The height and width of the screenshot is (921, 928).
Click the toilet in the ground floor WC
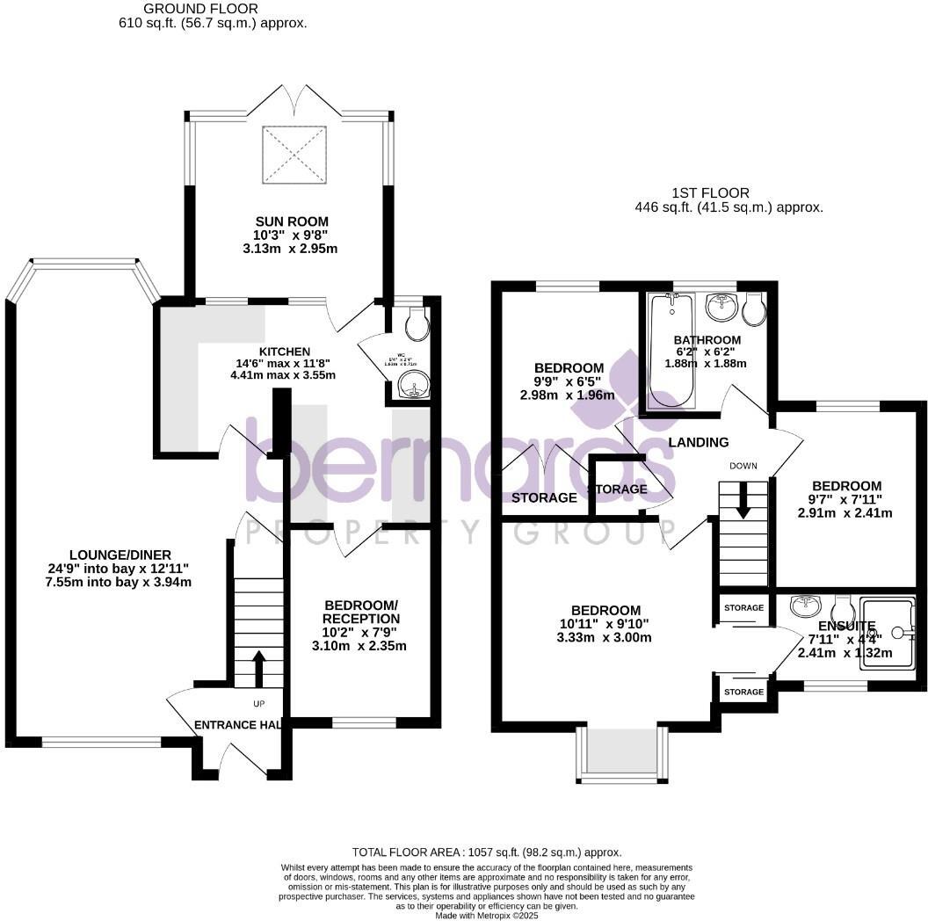(417, 324)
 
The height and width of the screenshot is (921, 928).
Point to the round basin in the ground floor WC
(410, 383)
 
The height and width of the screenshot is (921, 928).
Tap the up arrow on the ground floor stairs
(257, 668)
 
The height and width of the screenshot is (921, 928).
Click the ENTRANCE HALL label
(237, 725)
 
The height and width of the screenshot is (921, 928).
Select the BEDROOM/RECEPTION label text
(361, 613)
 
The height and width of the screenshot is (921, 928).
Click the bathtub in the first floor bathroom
(671, 352)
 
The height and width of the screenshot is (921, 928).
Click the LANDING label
(699, 442)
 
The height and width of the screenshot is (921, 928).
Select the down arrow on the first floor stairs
(743, 503)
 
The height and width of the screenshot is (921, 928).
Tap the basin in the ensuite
(806, 606)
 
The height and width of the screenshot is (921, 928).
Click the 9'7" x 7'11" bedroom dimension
(846, 499)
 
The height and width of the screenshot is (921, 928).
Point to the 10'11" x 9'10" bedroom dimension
(605, 624)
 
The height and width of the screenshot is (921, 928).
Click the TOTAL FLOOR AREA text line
(487, 852)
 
